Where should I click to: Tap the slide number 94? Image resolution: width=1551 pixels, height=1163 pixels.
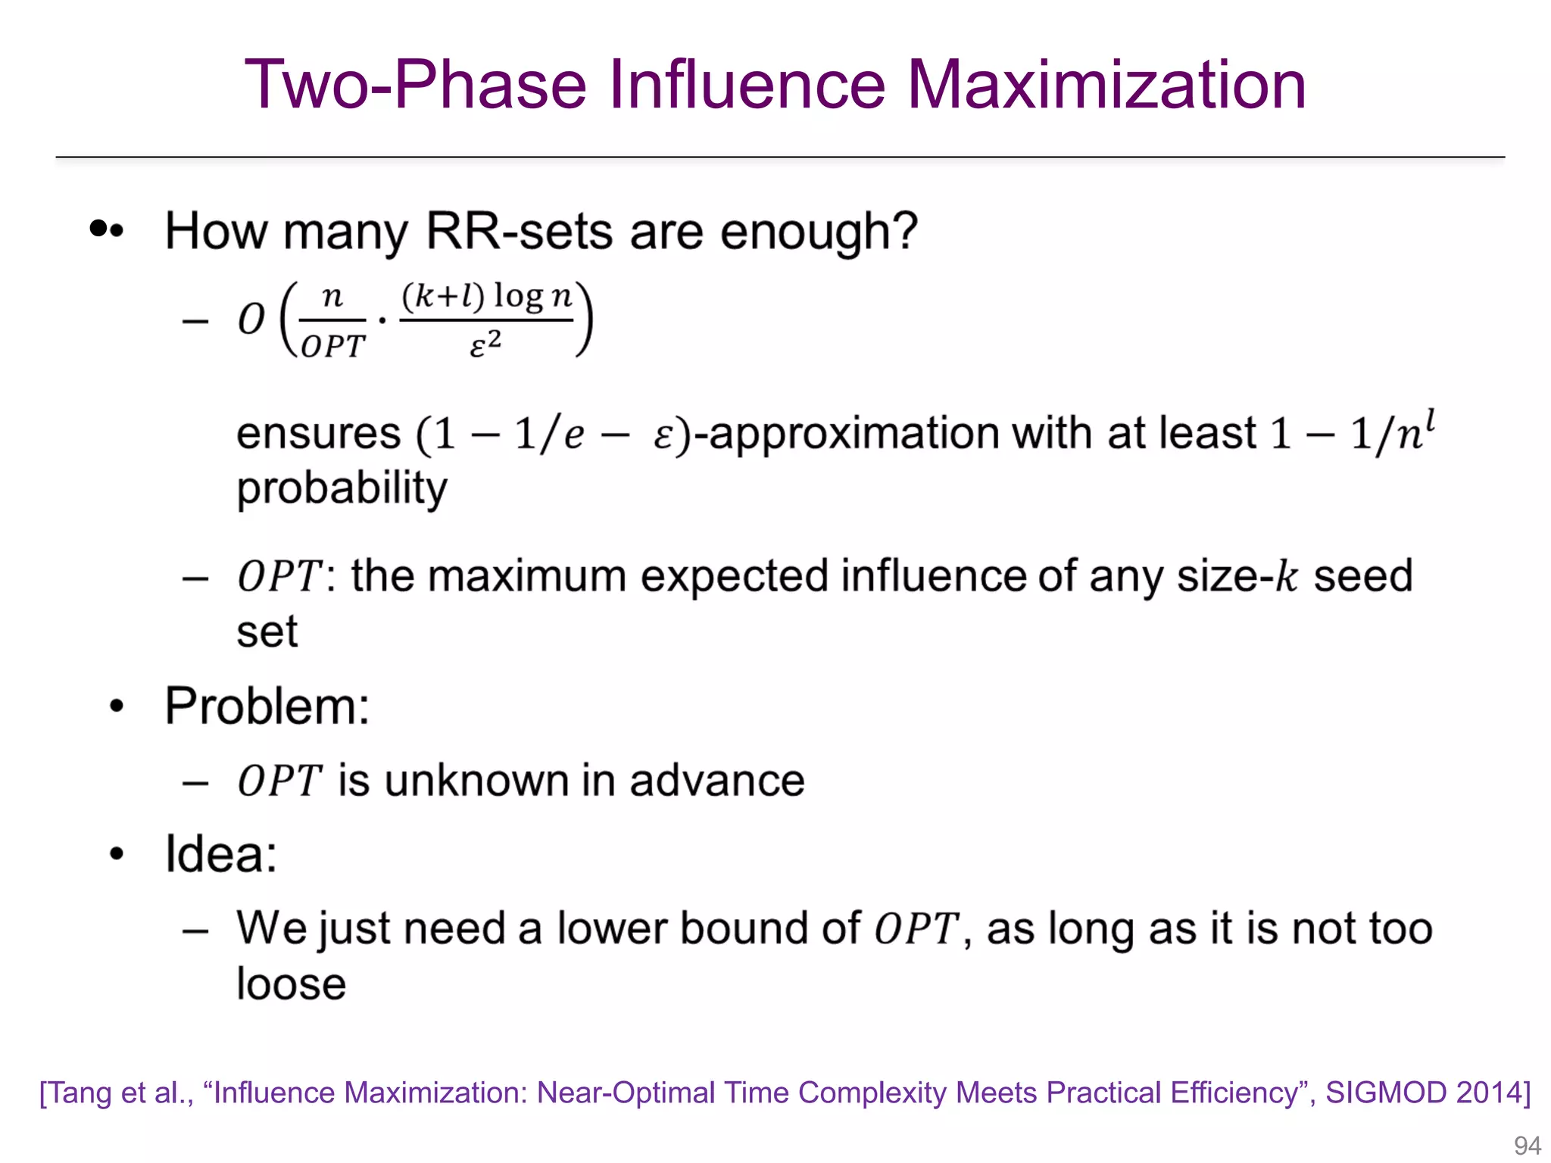1527,1145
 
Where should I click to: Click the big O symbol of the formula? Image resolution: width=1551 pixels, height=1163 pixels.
251,319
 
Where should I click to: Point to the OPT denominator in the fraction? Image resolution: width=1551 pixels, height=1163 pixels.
332,347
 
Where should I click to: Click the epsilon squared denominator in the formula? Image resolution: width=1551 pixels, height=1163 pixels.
485,345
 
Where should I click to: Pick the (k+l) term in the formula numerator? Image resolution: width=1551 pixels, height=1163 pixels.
443,296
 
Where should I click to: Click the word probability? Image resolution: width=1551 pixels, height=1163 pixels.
342,488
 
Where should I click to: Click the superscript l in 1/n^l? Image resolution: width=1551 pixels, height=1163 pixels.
1430,419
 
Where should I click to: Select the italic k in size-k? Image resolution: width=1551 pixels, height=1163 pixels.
1286,577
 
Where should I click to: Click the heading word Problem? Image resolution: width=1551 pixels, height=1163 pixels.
267,706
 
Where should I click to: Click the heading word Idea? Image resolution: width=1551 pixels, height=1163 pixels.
221,854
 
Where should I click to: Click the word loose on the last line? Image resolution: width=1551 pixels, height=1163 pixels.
291,984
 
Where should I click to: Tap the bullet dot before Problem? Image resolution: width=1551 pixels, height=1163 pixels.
116,706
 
